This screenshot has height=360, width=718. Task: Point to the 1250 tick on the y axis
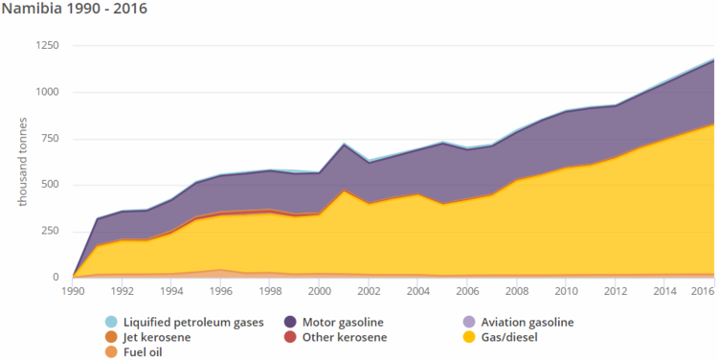pyautogui.click(x=47, y=46)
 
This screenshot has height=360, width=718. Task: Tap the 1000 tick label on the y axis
pyautogui.click(x=47, y=92)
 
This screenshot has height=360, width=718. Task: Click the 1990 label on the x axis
pyautogui.click(x=73, y=290)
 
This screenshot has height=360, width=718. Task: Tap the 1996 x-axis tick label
pyautogui.click(x=221, y=290)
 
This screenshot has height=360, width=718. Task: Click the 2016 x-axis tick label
pyautogui.click(x=703, y=290)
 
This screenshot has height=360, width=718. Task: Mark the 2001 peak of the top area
pyautogui.click(x=345, y=144)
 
